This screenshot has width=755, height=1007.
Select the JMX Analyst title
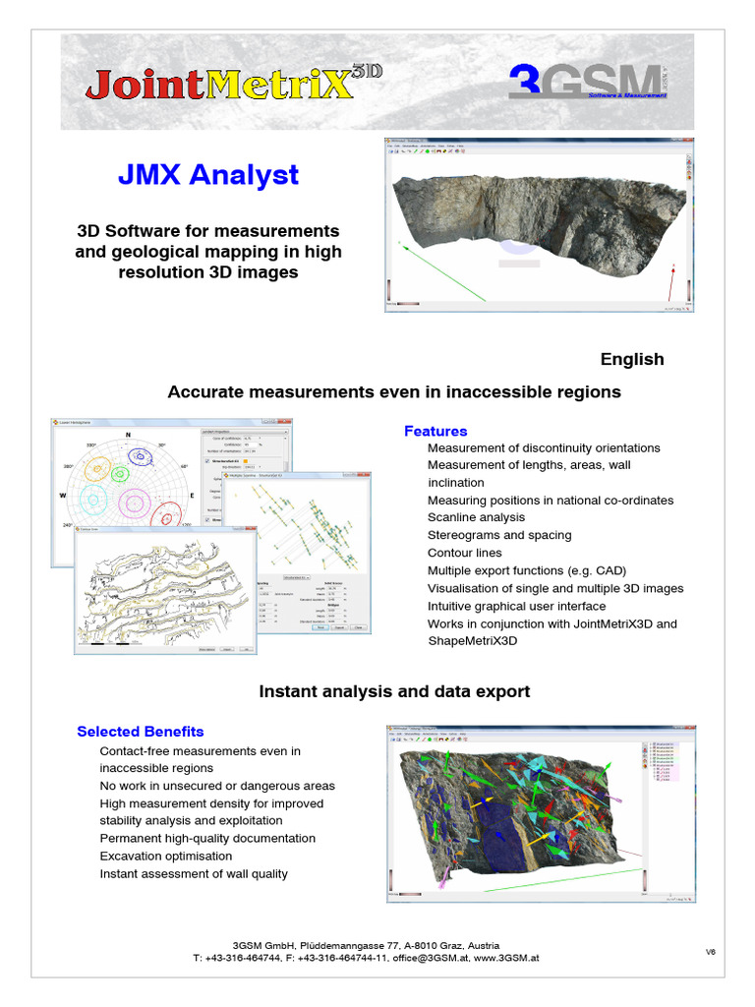207,175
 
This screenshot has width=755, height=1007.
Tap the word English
632,359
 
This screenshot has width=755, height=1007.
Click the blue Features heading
436,431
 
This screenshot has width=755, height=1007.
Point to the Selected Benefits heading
141,732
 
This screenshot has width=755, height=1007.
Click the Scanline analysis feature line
476,517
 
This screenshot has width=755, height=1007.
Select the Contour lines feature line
464,553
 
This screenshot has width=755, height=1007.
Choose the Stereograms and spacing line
499,535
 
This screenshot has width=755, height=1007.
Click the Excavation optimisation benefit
166,857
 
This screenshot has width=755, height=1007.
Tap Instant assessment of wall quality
194,874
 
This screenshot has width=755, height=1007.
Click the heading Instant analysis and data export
394,691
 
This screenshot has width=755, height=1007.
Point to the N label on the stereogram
127,436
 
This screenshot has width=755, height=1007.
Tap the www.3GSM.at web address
507,957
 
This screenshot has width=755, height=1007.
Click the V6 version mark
710,951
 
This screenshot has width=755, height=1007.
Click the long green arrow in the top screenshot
442,269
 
